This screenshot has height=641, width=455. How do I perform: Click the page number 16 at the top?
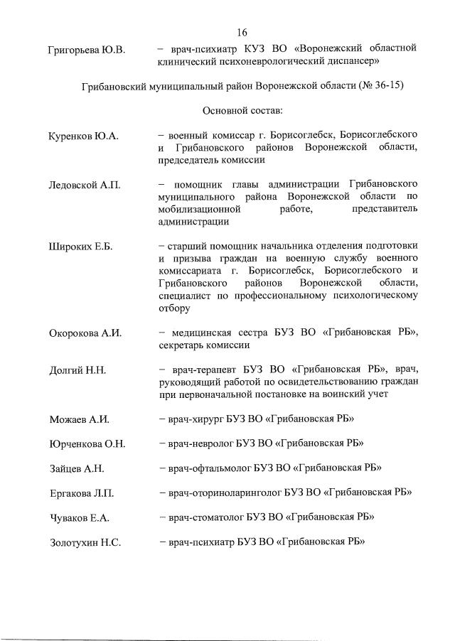tap(242, 33)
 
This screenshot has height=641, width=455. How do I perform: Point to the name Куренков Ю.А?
tap(82, 136)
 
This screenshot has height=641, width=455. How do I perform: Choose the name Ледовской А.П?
tap(85, 185)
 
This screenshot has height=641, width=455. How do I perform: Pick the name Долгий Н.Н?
tap(77, 370)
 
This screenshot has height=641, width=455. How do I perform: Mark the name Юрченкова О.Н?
tap(87, 444)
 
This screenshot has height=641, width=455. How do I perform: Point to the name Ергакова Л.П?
tap(82, 493)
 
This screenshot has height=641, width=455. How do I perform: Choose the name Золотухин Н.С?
tap(85, 543)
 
